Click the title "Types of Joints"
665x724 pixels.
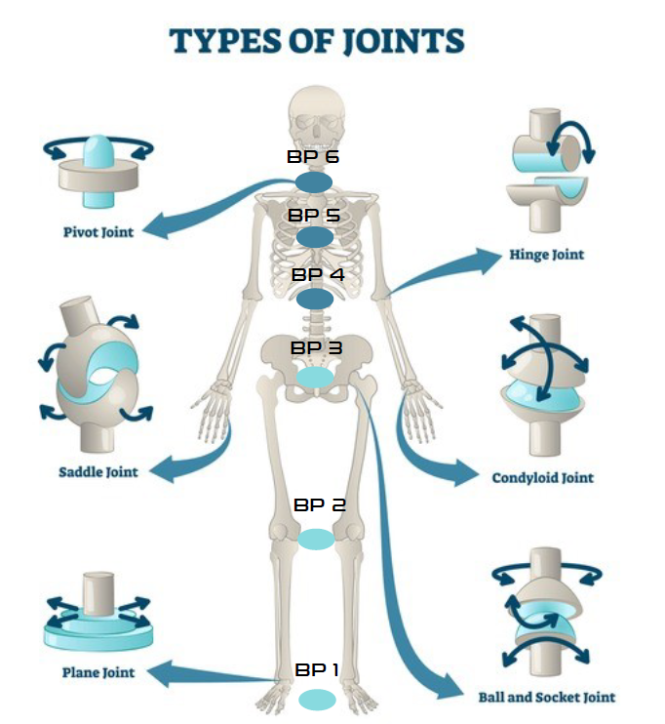tap(316, 41)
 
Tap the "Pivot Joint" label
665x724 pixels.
tap(95, 233)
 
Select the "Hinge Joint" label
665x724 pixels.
tap(546, 255)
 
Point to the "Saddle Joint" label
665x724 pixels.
tap(98, 472)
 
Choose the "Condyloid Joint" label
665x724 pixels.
tap(542, 478)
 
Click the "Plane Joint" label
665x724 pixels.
tap(98, 672)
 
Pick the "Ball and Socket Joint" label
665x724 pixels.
tap(546, 698)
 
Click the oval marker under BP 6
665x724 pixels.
tap(315, 182)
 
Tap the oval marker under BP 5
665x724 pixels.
tap(315, 237)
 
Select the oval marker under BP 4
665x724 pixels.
tap(315, 299)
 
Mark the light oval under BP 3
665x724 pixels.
tap(315, 377)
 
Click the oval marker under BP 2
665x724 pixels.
tap(316, 538)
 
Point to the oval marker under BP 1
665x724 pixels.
tap(317, 700)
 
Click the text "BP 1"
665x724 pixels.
tap(317, 670)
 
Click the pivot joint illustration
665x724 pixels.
tap(98, 171)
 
